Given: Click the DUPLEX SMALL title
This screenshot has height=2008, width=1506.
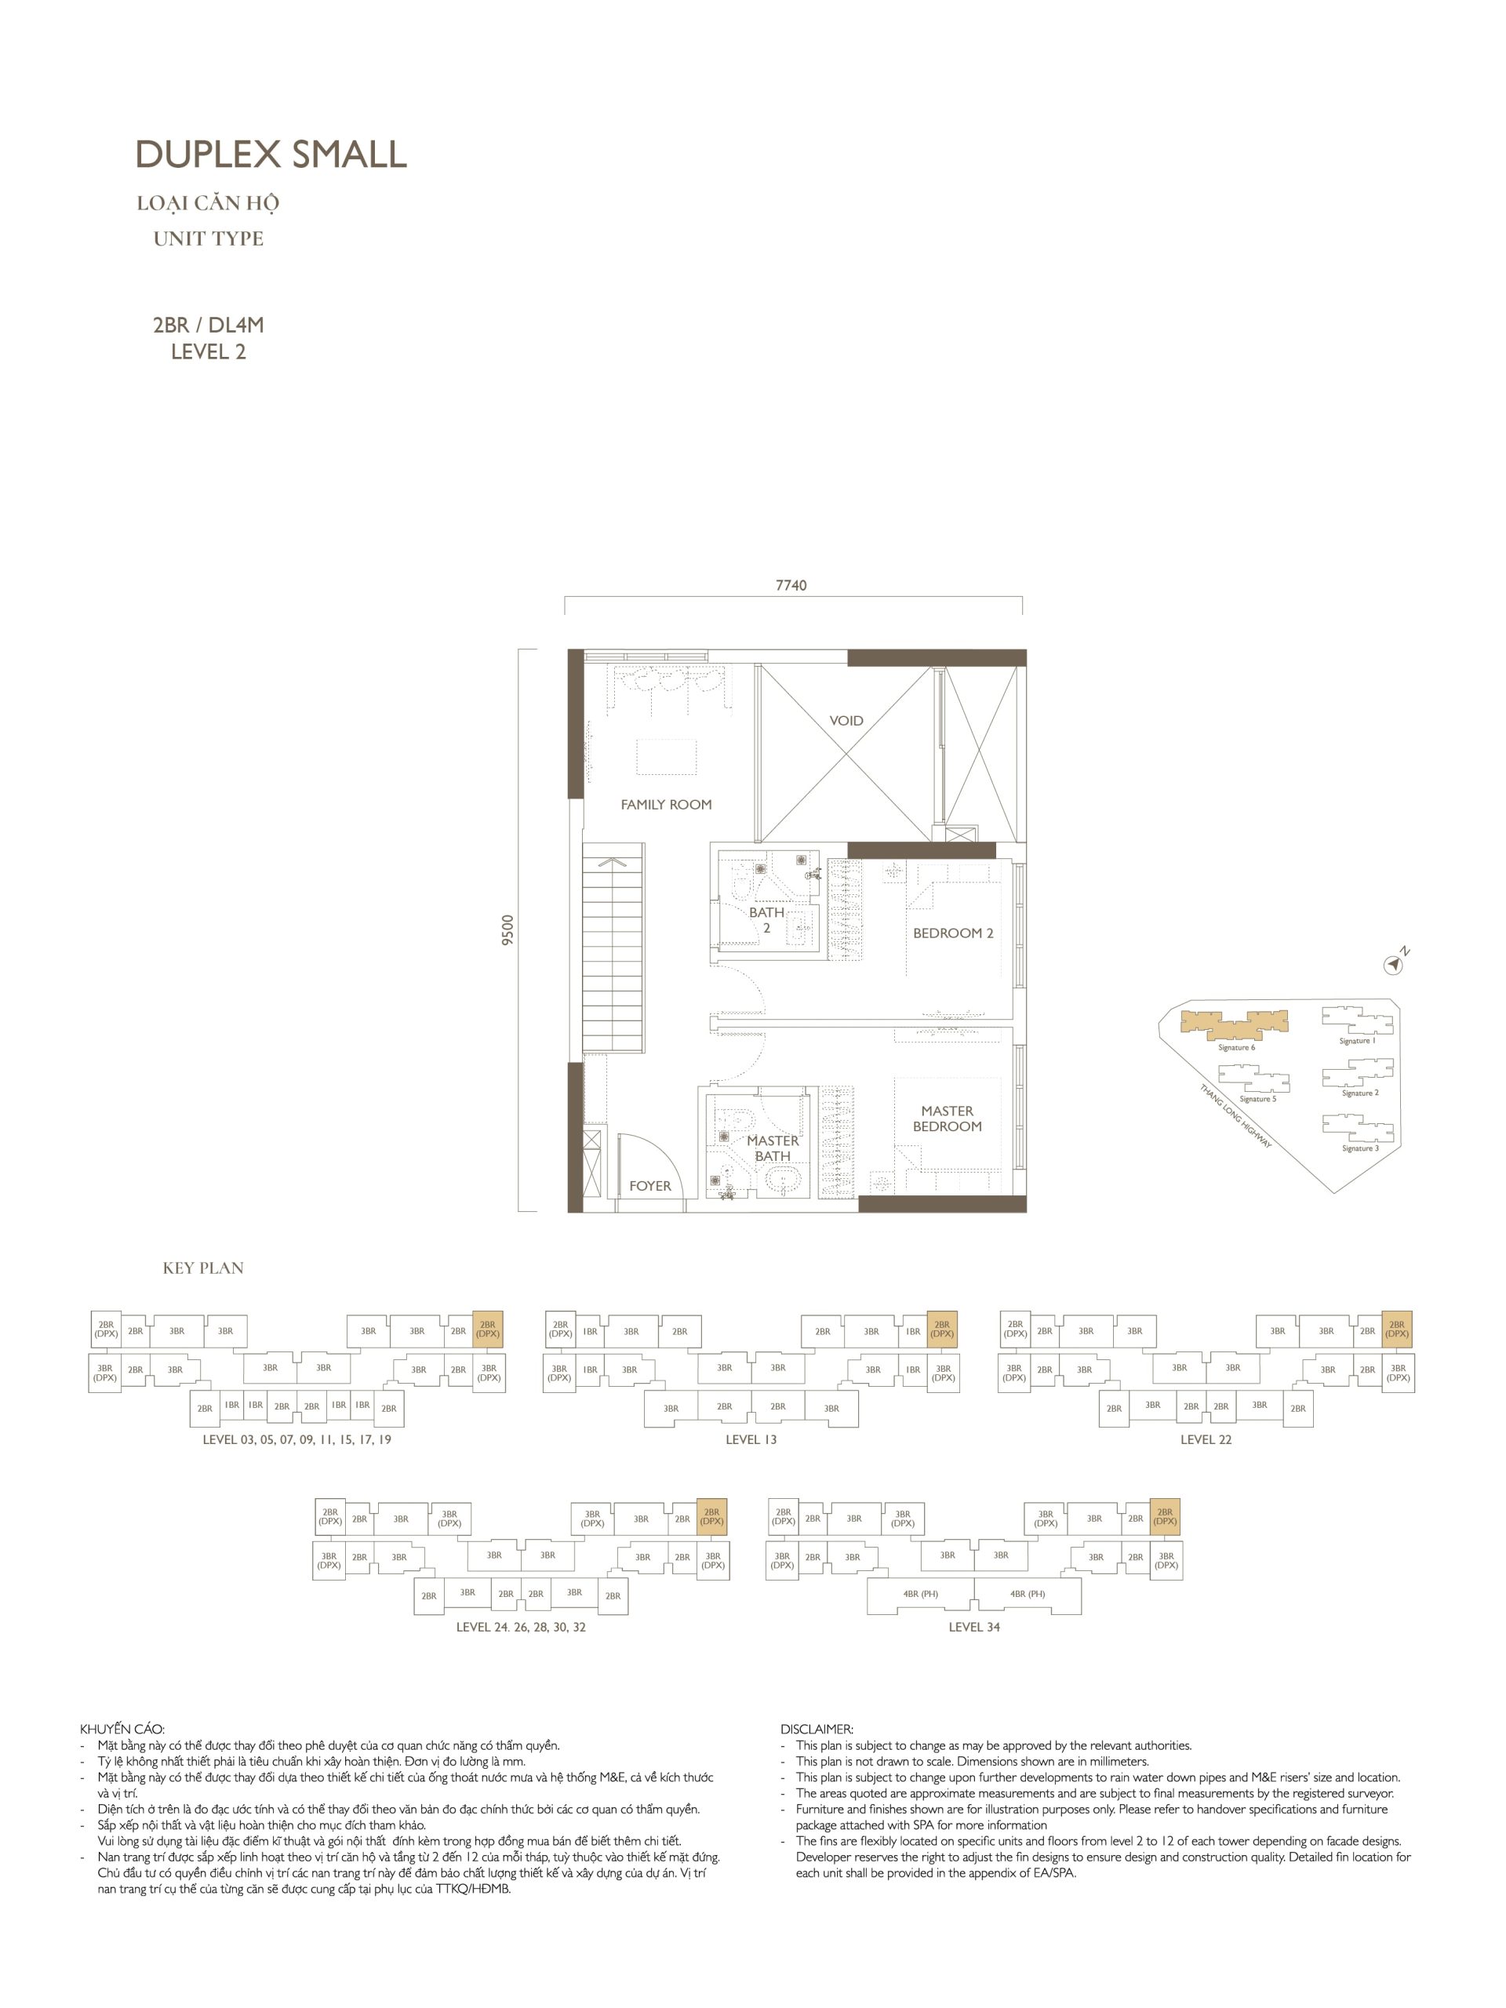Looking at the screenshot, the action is [x=271, y=155].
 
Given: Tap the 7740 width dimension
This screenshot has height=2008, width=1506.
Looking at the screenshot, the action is [x=791, y=585].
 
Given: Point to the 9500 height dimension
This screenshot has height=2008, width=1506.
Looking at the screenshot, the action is [x=507, y=929].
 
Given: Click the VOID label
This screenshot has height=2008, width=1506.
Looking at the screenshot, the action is [x=846, y=721].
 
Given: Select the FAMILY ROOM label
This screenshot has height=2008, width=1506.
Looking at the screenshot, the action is [x=666, y=804].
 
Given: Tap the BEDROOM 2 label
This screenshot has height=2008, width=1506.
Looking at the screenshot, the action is [x=953, y=933].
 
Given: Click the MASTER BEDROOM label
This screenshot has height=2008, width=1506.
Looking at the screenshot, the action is [x=947, y=1119].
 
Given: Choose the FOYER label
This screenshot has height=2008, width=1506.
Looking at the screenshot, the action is [x=650, y=1185].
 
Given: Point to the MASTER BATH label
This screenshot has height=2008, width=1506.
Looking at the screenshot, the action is [x=773, y=1148].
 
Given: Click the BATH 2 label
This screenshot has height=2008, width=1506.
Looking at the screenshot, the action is [x=766, y=919].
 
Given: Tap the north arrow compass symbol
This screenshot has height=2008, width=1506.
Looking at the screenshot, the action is [x=1395, y=963].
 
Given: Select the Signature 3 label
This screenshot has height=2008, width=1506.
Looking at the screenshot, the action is [x=1360, y=1148].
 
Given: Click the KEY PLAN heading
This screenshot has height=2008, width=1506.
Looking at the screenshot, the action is [x=203, y=1268].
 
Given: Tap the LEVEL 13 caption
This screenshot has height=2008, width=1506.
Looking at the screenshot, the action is [x=751, y=1440].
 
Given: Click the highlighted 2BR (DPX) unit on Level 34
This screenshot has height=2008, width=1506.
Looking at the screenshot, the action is [x=1165, y=1517].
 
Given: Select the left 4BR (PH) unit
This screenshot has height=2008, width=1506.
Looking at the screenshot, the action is [x=921, y=1594].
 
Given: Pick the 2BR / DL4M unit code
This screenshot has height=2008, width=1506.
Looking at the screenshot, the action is [x=209, y=325].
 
